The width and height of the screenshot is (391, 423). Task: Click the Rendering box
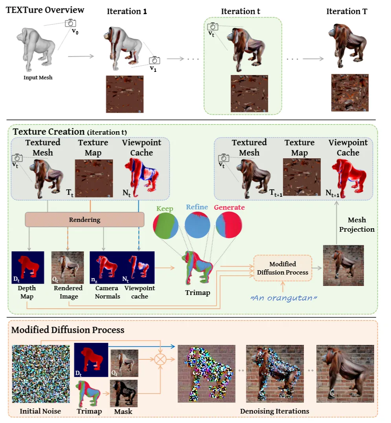pyautogui.click(x=84, y=220)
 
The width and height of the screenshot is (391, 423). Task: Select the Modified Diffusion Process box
pyautogui.click(x=283, y=268)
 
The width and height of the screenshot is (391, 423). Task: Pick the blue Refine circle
pyautogui.click(x=198, y=225)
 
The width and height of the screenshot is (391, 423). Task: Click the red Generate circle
pyautogui.click(x=229, y=225)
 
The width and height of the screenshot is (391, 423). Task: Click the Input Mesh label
pyautogui.click(x=38, y=77)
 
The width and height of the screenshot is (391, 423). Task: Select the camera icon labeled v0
pyautogui.click(x=71, y=23)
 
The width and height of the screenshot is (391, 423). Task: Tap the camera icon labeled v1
pyautogui.click(x=154, y=60)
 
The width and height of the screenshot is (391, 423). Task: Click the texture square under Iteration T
pyautogui.click(x=350, y=92)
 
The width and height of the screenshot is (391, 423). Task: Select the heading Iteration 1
pyautogui.click(x=127, y=12)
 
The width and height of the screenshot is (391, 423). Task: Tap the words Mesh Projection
pyautogui.click(x=357, y=224)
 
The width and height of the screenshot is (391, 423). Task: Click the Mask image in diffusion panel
pyautogui.click(x=124, y=393)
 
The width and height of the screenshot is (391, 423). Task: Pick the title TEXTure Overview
pyautogui.click(x=45, y=9)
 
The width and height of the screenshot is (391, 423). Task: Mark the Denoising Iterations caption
pyautogui.click(x=274, y=411)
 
